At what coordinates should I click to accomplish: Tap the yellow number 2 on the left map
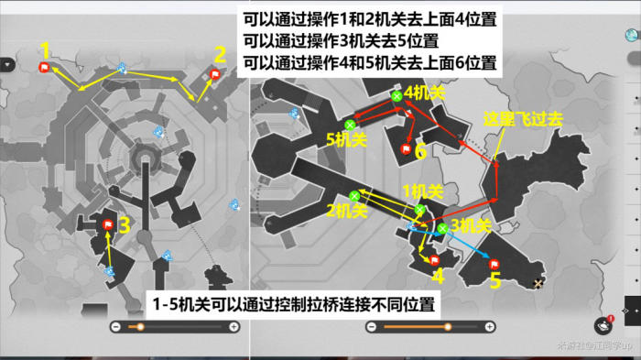pos(220,53)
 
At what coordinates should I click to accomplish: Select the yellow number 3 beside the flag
pos(124,223)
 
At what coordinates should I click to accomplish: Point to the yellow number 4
pos(438,276)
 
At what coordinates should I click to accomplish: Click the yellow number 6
pos(420,151)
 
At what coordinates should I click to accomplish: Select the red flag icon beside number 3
pos(107,224)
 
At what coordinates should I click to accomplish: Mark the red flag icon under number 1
pos(43,67)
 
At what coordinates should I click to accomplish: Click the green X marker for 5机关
pos(350,125)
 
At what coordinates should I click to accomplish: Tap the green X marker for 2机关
pos(353,194)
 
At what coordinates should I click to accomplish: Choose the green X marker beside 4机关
pos(396,95)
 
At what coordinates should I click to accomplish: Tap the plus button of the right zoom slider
pos(491,327)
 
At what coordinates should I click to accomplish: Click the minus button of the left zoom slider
pos(115,327)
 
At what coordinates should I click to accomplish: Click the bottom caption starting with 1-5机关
pos(293,303)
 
